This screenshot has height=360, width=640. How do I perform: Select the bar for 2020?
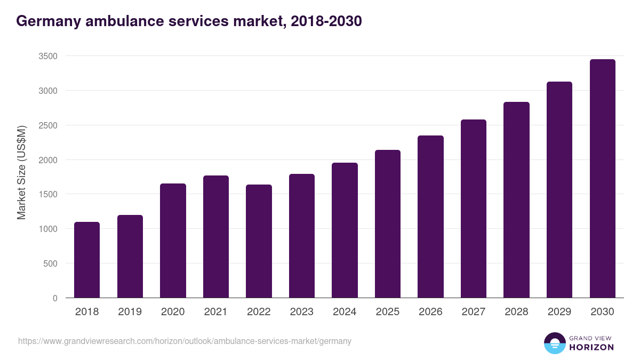[173, 241]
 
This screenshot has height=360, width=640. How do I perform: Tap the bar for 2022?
[259, 241]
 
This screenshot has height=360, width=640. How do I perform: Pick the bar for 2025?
[388, 224]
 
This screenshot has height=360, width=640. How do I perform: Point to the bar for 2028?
[516, 200]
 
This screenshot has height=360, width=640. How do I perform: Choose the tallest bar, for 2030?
[602, 179]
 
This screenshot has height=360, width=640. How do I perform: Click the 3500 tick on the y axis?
[47, 56]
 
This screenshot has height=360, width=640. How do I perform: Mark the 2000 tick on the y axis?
[47, 160]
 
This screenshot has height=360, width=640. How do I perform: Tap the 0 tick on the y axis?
[55, 298]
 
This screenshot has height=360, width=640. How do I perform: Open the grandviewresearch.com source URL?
[185, 341]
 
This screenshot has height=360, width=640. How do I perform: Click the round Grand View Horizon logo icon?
[554, 343]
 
